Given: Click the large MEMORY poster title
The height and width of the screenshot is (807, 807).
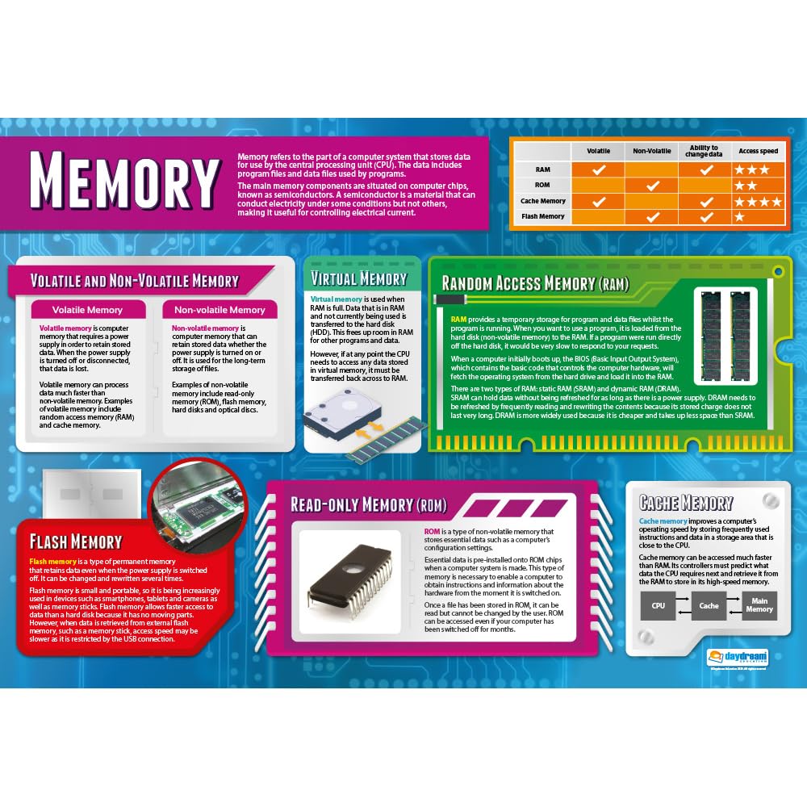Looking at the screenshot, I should tap(125, 179).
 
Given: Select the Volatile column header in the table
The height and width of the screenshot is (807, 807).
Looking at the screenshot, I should tap(598, 151).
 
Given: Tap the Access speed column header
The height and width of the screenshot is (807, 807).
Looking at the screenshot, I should tap(758, 151).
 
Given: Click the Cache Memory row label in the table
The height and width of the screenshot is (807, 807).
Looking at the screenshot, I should tap(543, 201).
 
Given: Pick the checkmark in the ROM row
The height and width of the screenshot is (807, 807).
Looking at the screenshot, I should tap(653, 186).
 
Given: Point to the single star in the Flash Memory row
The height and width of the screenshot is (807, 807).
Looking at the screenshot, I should tap(739, 217).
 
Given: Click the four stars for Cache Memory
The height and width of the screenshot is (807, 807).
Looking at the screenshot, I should tap(757, 201).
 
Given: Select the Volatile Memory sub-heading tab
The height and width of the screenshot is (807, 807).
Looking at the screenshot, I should tap(88, 310).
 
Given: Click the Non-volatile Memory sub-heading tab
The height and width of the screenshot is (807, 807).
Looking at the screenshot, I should tap(220, 310).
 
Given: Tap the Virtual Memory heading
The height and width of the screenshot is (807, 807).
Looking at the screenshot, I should tap(358, 279).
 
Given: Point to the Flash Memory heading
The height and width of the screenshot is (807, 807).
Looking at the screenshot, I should tap(75, 541).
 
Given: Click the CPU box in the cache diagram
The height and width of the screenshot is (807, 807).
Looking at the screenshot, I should tap(658, 605).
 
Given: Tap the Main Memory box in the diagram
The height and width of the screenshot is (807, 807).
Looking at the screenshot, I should tap(759, 605).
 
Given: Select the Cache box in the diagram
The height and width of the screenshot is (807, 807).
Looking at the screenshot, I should tap(709, 605).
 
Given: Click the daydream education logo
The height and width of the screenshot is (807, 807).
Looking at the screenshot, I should tap(738, 657).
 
